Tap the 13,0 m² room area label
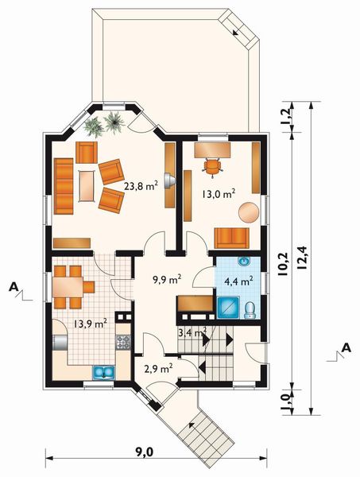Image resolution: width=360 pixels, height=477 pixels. pyautogui.click(x=217, y=193)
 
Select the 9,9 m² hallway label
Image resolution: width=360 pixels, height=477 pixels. pyautogui.click(x=167, y=279)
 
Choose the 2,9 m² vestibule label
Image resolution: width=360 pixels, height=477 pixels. pyautogui.click(x=159, y=369)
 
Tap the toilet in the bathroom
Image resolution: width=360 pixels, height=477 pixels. pyautogui.click(x=250, y=309)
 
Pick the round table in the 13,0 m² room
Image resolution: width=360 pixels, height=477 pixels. pyautogui.click(x=249, y=212)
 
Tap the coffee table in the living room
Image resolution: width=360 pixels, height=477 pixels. pyautogui.click(x=84, y=185)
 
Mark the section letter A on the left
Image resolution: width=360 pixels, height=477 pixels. pyautogui.click(x=14, y=285)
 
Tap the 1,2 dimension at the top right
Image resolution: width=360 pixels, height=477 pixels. pyautogui.click(x=287, y=118)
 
